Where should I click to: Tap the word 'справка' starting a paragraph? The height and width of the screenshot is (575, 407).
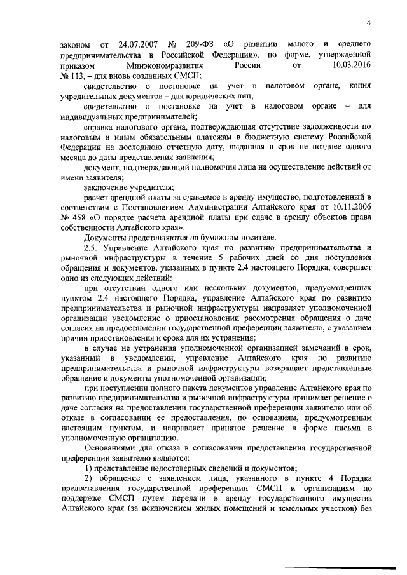pos(98,126)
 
